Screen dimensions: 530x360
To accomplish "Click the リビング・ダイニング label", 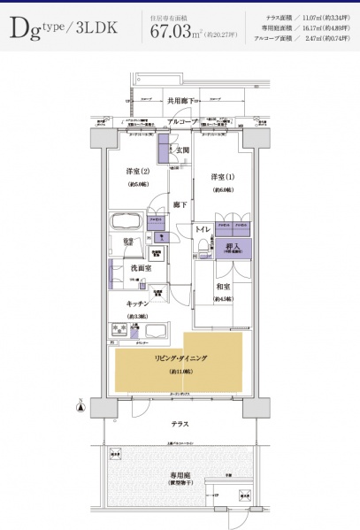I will [180, 358].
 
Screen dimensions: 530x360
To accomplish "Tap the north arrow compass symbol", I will [81, 407].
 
